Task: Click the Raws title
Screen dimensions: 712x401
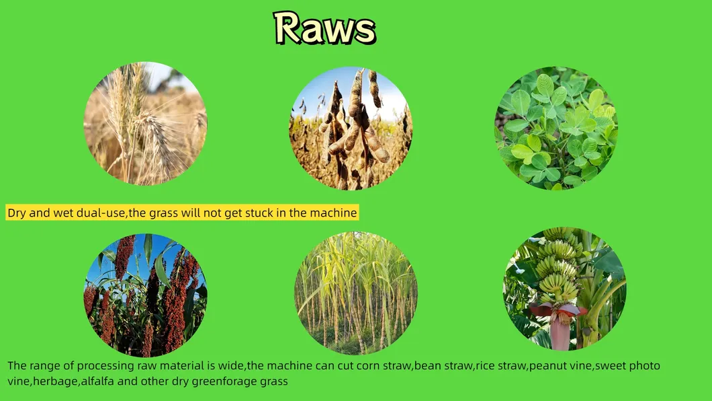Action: coord(324,28)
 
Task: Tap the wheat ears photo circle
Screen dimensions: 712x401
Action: coord(145,123)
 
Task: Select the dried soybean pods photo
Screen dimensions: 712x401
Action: coord(351,128)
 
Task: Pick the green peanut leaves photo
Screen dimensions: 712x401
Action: coord(555,128)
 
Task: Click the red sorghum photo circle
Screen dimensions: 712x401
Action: coord(145,295)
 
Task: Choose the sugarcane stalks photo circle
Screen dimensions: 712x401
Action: coord(355,293)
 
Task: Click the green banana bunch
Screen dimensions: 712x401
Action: coord(560,264)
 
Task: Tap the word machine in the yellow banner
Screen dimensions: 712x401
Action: coord(333,213)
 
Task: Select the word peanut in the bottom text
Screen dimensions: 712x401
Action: coord(545,367)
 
